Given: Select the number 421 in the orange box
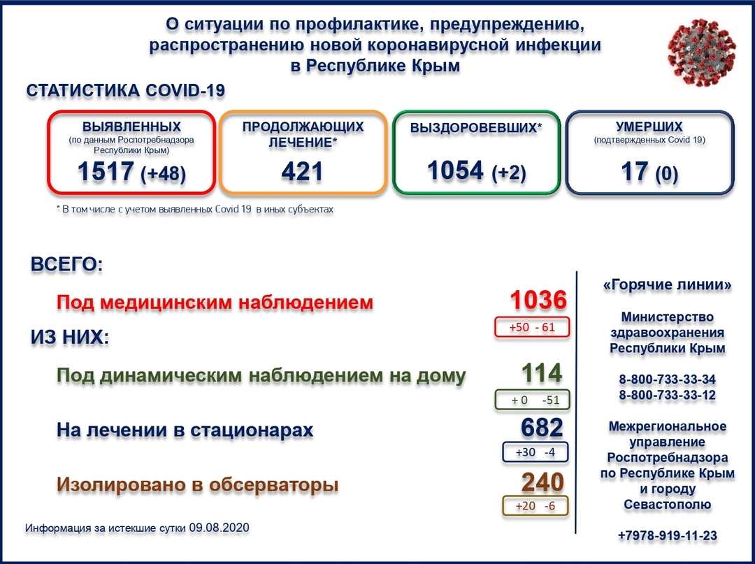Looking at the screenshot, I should click(x=302, y=171).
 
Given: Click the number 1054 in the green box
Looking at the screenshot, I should click(x=456, y=170).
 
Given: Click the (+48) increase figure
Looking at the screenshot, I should click(x=164, y=173).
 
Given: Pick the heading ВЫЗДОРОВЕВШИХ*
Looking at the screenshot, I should click(x=475, y=129).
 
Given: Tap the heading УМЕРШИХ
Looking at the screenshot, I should click(x=649, y=126).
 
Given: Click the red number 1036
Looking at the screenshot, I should click(x=537, y=301).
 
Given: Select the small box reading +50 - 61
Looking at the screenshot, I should click(x=533, y=327).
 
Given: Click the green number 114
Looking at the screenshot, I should click(x=542, y=374).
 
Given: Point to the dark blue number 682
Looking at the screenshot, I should click(x=542, y=428).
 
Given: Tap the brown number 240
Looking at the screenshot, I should click(x=542, y=482).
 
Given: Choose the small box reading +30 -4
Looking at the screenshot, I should click(x=535, y=452).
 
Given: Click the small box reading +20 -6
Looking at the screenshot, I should click(x=535, y=506).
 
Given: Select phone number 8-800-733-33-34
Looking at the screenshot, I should click(x=667, y=379).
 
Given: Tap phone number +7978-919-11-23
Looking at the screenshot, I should click(x=667, y=535).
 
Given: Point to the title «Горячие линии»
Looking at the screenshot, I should click(x=667, y=285).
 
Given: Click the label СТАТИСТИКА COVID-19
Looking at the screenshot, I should click(x=126, y=92).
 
